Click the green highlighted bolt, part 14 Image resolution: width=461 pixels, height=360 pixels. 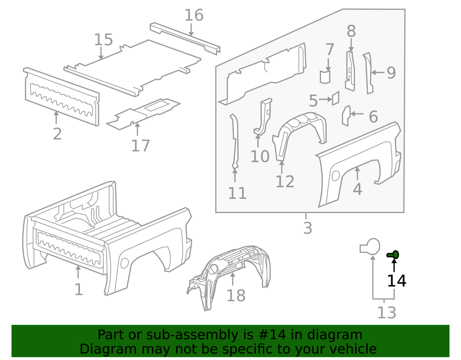click(x=393, y=255)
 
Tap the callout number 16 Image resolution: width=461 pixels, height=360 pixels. click(x=194, y=15)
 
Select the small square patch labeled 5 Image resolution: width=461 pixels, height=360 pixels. click(x=335, y=98)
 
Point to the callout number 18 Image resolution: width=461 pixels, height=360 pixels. click(x=236, y=295)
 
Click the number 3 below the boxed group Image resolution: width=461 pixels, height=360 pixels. click(x=308, y=228)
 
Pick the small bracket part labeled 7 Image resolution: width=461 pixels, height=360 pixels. click(x=325, y=77)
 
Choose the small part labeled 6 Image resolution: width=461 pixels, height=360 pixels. click(x=346, y=116)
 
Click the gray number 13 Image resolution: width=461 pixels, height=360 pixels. click(x=386, y=313)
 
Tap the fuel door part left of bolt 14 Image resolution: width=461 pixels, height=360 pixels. click(x=370, y=247)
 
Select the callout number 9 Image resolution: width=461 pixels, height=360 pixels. click(x=391, y=73)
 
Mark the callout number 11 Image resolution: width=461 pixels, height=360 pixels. click(x=237, y=193)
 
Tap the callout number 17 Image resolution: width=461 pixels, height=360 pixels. click(x=141, y=146)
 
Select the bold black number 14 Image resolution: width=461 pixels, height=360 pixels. click(x=396, y=280)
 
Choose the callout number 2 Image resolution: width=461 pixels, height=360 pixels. click(x=57, y=134)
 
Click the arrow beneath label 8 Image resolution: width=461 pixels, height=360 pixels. click(x=351, y=45)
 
